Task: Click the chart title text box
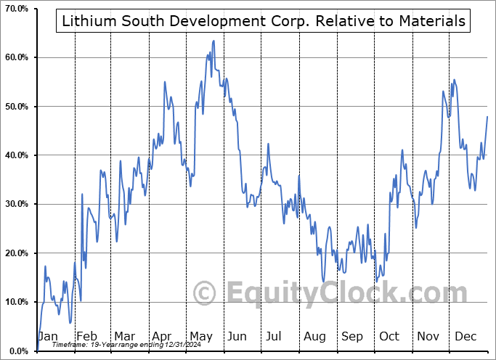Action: coord(264,21)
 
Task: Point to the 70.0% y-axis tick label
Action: coord(16,9)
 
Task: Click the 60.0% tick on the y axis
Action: coord(16,57)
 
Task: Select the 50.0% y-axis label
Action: coord(16,107)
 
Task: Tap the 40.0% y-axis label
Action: coord(16,155)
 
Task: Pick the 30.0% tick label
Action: coord(16,204)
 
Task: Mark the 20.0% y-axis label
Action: coord(16,253)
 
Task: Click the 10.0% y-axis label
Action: coord(16,302)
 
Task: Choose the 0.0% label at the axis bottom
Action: coord(18,351)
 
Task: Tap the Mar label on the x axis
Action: coord(124,336)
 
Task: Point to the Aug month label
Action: coord(315,336)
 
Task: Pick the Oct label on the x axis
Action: coord(390,336)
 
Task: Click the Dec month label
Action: coord(466,336)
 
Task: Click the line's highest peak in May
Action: coord(213,41)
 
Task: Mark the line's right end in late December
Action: coord(487,116)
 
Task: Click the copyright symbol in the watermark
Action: coord(205,293)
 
